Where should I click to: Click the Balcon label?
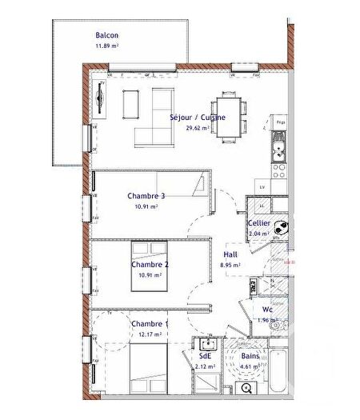[x=107, y=35]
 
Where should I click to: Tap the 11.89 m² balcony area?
[x=107, y=46]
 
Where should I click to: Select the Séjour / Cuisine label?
[x=198, y=117]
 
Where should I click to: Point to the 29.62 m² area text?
[x=198, y=127]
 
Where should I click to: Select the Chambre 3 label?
[x=146, y=196]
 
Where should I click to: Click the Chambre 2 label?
[x=150, y=265]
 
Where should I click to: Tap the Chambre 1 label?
[x=149, y=323]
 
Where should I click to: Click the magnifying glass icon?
[x=246, y=389]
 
